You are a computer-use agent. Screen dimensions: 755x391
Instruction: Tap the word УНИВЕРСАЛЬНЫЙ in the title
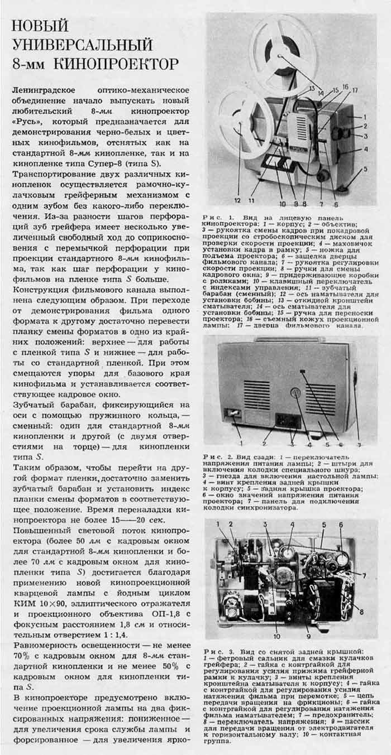click(82, 44)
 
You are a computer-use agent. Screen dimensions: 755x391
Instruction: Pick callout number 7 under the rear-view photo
click(359, 445)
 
